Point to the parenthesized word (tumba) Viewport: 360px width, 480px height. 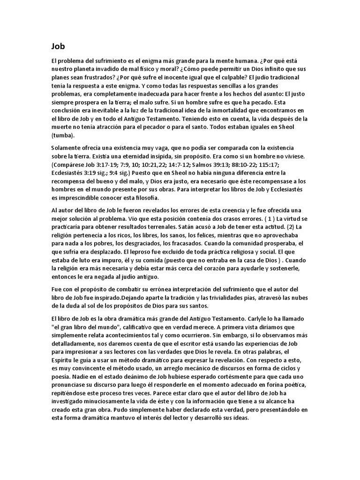[63, 135]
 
